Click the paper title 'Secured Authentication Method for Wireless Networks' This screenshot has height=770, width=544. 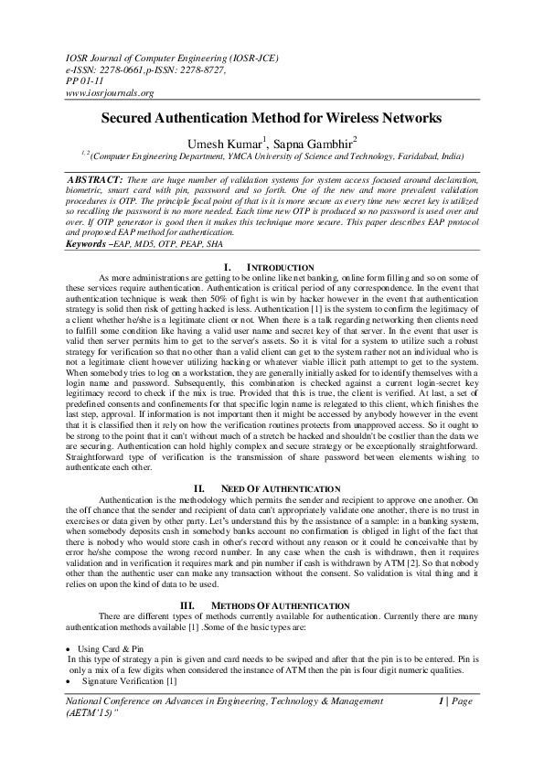pos(271,119)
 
